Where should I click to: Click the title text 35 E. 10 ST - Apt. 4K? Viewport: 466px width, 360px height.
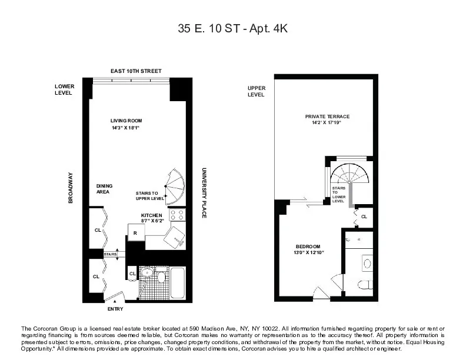click(233, 28)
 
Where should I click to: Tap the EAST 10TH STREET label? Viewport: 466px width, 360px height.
click(136, 71)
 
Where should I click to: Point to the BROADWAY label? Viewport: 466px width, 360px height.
click(71, 188)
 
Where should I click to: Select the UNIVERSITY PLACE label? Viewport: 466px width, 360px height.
click(204, 191)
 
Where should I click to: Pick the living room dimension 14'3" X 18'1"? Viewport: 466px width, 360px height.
click(127, 128)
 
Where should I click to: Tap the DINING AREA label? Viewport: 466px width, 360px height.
click(104, 188)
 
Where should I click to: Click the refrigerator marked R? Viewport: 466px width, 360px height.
click(135, 233)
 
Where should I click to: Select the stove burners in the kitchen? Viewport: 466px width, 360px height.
click(177, 215)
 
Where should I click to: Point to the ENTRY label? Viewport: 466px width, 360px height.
click(115, 309)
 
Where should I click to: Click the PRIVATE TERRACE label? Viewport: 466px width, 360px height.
click(323, 116)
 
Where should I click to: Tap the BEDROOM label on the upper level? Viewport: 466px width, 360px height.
click(308, 246)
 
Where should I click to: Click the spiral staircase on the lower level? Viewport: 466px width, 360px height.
click(174, 186)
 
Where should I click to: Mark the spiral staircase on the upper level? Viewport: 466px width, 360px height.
click(348, 175)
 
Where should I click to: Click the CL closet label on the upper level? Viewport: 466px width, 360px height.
click(364, 216)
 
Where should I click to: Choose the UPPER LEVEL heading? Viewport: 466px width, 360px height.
click(256, 91)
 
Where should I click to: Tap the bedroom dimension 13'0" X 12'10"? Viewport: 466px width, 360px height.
click(308, 252)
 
